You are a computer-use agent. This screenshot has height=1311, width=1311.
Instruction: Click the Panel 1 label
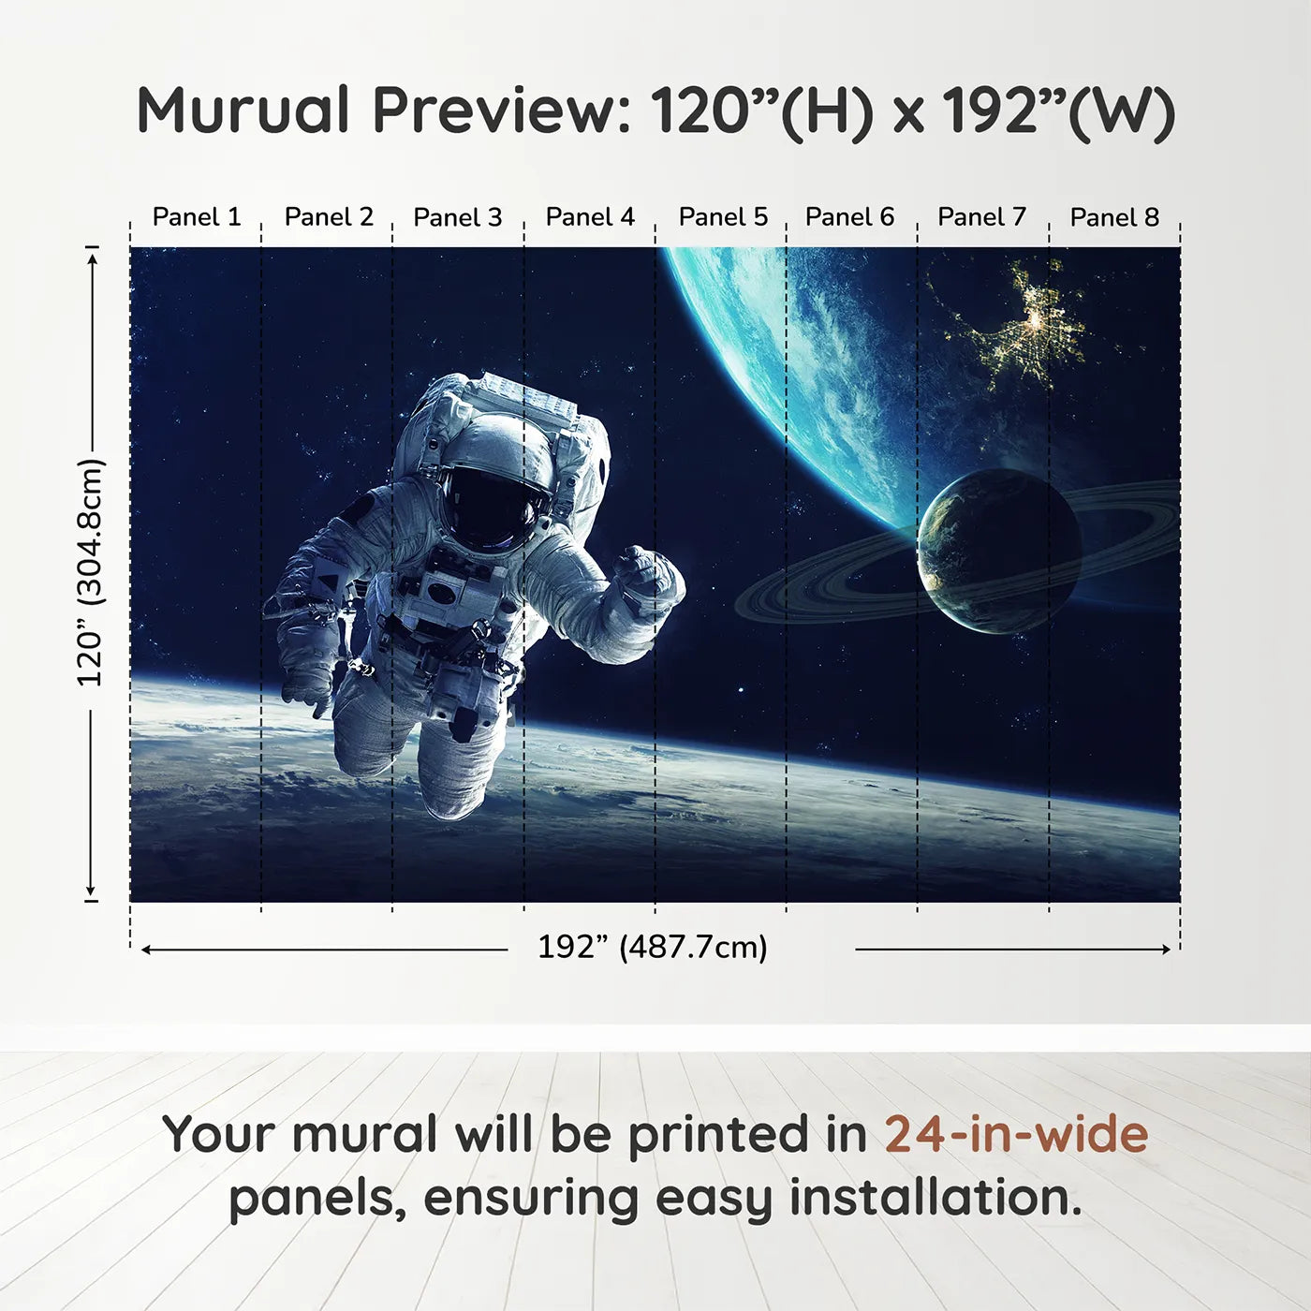coord(197,217)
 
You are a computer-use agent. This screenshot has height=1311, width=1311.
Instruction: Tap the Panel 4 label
coord(590,217)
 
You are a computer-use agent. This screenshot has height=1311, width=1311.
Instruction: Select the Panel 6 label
coord(849,217)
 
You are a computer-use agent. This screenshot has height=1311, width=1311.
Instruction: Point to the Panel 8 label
coord(1114,217)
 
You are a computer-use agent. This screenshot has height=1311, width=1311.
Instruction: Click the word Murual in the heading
coord(243,110)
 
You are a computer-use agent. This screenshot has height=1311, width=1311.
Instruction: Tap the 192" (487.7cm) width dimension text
coord(652,948)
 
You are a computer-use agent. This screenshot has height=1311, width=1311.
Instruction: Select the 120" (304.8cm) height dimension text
coord(91,572)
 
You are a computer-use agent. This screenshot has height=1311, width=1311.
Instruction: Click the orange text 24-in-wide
coord(1016,1134)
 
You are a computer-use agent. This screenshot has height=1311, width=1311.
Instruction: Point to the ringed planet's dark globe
coord(998,552)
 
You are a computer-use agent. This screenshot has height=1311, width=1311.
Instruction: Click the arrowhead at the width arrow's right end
coord(1165,950)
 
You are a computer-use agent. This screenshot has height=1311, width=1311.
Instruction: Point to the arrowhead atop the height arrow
coord(92,258)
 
